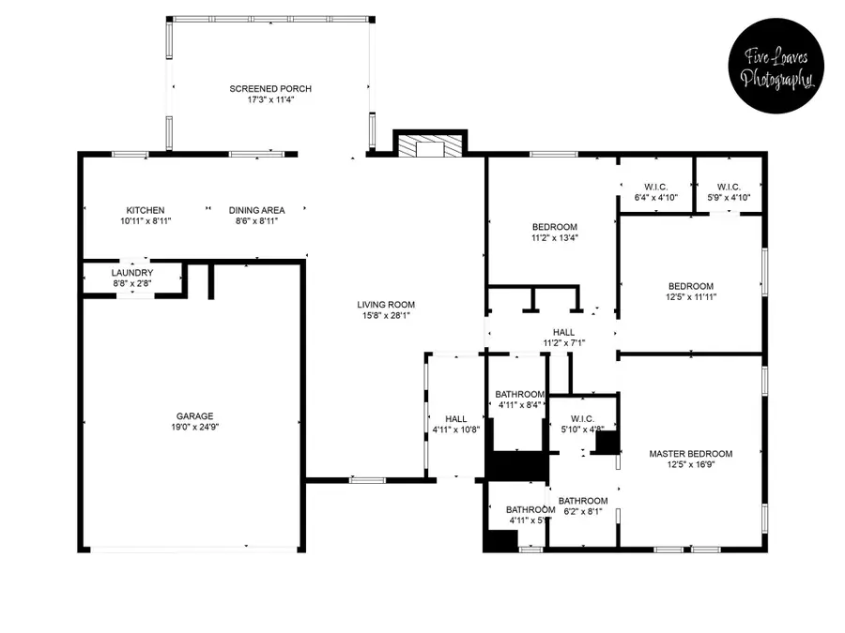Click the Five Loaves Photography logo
coord(776,66)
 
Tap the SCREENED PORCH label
coord(270,89)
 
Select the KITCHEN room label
coord(146,210)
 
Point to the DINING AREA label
coord(256,210)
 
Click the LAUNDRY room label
coord(132,273)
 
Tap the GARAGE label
coord(194,416)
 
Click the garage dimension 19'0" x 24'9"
coord(194,428)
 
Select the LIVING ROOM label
coord(386,305)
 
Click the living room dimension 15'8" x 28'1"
coord(386,316)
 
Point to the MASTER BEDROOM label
coord(691,454)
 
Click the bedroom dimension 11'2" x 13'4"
coord(555,238)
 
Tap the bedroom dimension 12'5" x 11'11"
coord(691,297)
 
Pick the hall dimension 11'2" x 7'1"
coord(563,343)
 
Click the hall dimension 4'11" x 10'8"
coord(456,430)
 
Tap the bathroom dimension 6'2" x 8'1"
coord(583,512)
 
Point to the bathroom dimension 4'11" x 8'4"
coord(519,405)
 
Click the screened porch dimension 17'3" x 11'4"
coord(270,99)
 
